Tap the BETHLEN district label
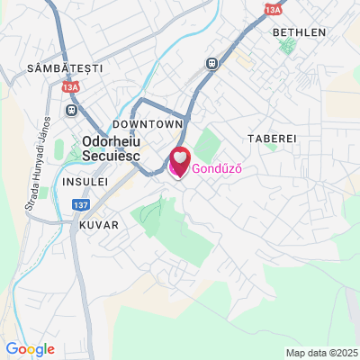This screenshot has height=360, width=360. (x=298, y=31)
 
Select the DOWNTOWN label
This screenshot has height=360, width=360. (x=148, y=122)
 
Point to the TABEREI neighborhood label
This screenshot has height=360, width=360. (x=271, y=139)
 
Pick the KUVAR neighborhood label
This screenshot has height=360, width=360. (x=99, y=224)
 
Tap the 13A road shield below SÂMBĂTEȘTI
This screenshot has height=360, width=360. (x=71, y=88)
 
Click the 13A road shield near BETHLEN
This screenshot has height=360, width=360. (x=274, y=9)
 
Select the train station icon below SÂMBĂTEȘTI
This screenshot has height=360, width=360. (x=71, y=110)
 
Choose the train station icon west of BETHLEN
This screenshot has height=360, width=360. (x=211, y=63)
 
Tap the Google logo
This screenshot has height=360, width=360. (x=30, y=349)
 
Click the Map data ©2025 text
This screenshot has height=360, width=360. (x=321, y=352)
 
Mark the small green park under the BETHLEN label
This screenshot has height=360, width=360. (x=287, y=45)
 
